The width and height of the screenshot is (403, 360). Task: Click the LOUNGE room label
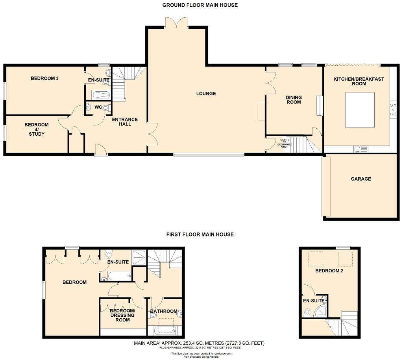[206, 94]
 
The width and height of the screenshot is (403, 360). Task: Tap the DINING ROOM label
[294, 100]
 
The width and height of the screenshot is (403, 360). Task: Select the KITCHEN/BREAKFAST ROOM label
[359, 81]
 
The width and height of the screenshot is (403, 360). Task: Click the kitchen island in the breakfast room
[360, 110]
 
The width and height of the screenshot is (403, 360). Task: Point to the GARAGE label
[361, 179]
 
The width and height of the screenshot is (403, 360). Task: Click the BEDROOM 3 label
[45, 78]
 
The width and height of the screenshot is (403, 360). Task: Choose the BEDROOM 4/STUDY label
[37, 129]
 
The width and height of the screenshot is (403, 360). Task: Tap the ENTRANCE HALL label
[125, 122]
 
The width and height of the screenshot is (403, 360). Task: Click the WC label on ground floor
[98, 107]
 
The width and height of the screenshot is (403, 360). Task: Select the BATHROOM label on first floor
[164, 311]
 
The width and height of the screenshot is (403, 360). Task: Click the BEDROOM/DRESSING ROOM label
[122, 315]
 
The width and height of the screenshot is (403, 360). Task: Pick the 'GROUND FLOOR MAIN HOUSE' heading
[200, 5]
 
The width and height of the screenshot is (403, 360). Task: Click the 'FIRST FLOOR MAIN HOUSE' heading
[200, 234]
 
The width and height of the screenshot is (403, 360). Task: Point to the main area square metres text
[199, 343]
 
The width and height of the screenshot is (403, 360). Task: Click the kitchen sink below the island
[357, 149]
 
